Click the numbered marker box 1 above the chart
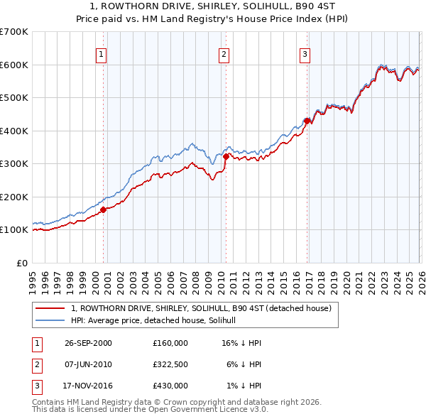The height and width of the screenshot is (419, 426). click(x=102, y=54)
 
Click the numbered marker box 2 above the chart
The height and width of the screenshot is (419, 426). click(x=224, y=54)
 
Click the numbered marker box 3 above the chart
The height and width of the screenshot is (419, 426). click(x=305, y=54)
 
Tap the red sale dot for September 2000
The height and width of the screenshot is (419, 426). click(x=104, y=209)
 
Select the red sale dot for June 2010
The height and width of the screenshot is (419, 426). click(x=225, y=156)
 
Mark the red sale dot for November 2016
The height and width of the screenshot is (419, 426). click(x=307, y=121)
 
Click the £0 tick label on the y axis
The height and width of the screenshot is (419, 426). click(x=22, y=263)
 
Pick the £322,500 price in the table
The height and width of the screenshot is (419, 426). click(x=170, y=364)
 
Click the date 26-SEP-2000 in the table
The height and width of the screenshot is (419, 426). click(x=88, y=342)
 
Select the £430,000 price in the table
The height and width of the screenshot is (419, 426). click(x=170, y=386)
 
